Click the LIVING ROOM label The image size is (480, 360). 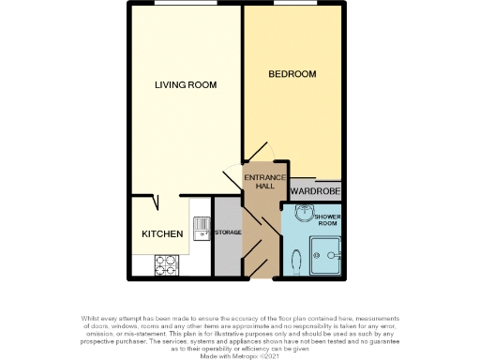point(186,84)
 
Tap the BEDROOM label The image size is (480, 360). point(292,74)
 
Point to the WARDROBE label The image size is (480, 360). point(315,191)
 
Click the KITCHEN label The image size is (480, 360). point(161,233)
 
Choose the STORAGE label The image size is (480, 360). point(228,232)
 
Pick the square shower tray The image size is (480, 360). point(327,252)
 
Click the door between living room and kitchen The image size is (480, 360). point(153,202)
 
